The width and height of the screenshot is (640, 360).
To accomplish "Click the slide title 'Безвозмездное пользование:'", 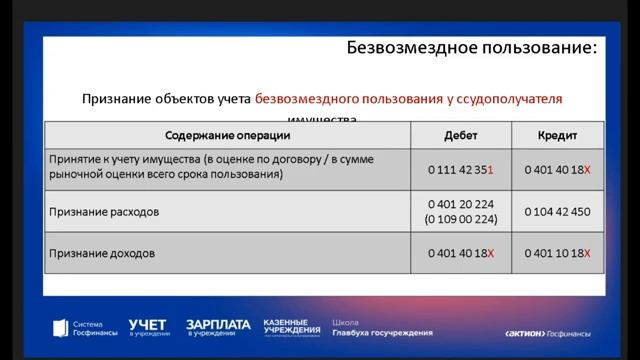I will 472,47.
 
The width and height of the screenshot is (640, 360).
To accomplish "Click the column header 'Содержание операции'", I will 228,135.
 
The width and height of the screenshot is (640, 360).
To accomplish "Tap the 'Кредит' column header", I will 557,135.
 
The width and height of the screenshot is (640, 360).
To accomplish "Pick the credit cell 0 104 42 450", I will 558,212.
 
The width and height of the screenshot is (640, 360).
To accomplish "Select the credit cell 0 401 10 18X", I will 558,254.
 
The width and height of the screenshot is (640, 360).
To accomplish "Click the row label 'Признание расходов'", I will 104,212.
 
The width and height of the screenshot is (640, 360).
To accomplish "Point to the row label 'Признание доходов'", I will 101,254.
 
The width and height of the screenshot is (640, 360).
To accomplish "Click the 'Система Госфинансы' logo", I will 79,327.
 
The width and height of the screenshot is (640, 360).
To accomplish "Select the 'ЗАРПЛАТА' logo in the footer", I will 217,327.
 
